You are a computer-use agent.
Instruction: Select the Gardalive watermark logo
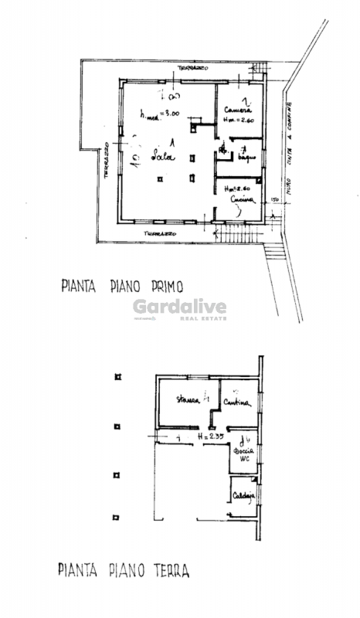pyautogui.click(x=179, y=309)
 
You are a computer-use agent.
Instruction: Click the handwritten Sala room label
pyautogui.click(x=163, y=157)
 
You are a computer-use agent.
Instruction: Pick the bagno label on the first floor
pyautogui.click(x=246, y=158)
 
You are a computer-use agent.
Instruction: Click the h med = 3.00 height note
pyautogui.click(x=160, y=114)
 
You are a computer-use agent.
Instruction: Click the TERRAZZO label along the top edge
pyautogui.click(x=194, y=68)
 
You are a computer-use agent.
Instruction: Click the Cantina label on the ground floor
pyautogui.click(x=237, y=402)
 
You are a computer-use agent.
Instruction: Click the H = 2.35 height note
pyautogui.click(x=210, y=436)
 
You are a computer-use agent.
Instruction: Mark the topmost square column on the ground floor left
pyautogui.click(x=117, y=378)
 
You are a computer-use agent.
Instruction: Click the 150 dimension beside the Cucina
pyautogui.click(x=274, y=200)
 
